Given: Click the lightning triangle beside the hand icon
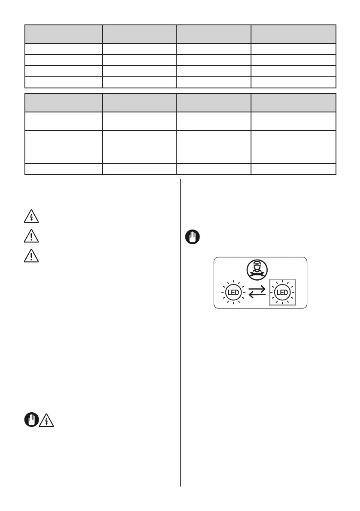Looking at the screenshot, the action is pos(46,421).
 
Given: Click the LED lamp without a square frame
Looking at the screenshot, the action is pos(233,293).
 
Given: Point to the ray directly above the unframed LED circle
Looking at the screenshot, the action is pos(233,282).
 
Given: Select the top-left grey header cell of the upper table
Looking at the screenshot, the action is pos(64,34).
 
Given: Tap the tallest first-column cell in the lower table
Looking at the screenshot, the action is pos(64,147).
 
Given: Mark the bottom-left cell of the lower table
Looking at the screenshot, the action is pos(64,169).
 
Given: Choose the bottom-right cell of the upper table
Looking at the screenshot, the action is pos(293,82).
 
